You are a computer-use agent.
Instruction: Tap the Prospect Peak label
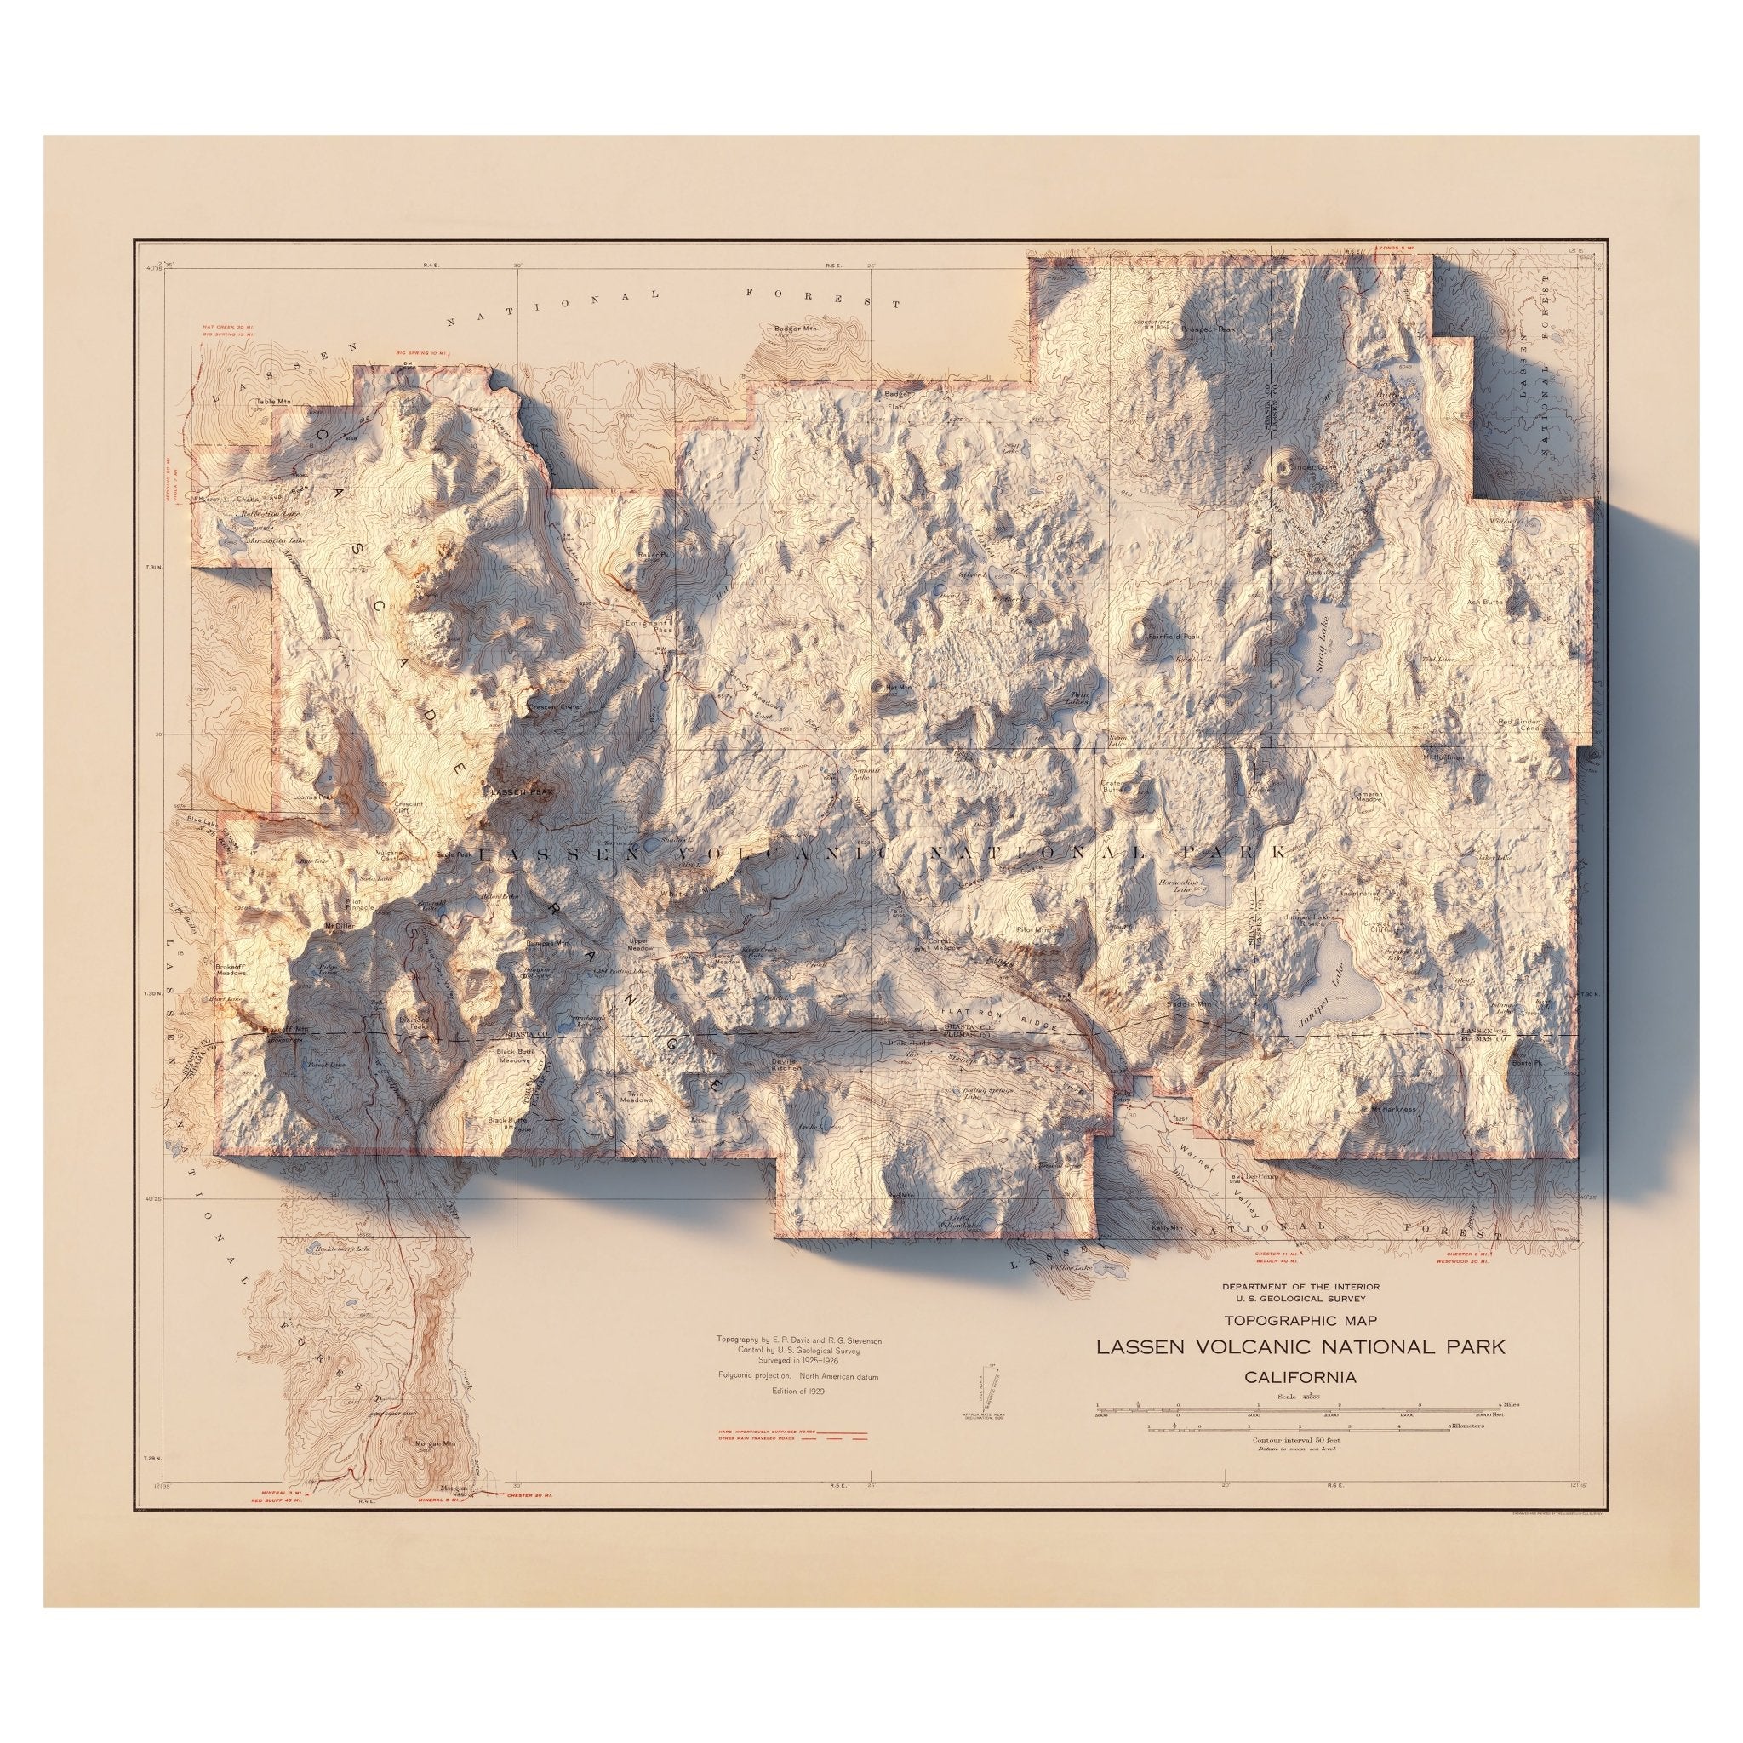1206,356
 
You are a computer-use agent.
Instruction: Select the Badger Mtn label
794,329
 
